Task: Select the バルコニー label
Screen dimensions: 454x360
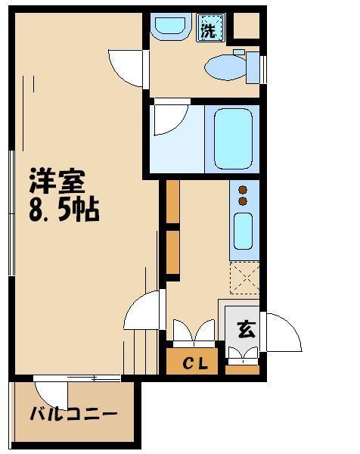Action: pos(73,415)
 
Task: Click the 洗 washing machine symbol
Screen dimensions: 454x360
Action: pos(208,30)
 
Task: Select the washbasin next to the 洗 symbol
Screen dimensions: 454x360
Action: pos(170,28)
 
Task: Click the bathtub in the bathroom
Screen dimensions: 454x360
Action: pos(233,138)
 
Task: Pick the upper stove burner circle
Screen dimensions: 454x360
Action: pos(244,190)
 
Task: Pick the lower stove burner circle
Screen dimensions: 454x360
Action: pos(244,202)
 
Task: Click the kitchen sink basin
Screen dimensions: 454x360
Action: pos(244,230)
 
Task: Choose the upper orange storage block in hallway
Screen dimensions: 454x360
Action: pos(172,202)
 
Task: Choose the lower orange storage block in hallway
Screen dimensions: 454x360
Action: pos(172,251)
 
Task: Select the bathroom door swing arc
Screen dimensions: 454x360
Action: pos(169,120)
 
